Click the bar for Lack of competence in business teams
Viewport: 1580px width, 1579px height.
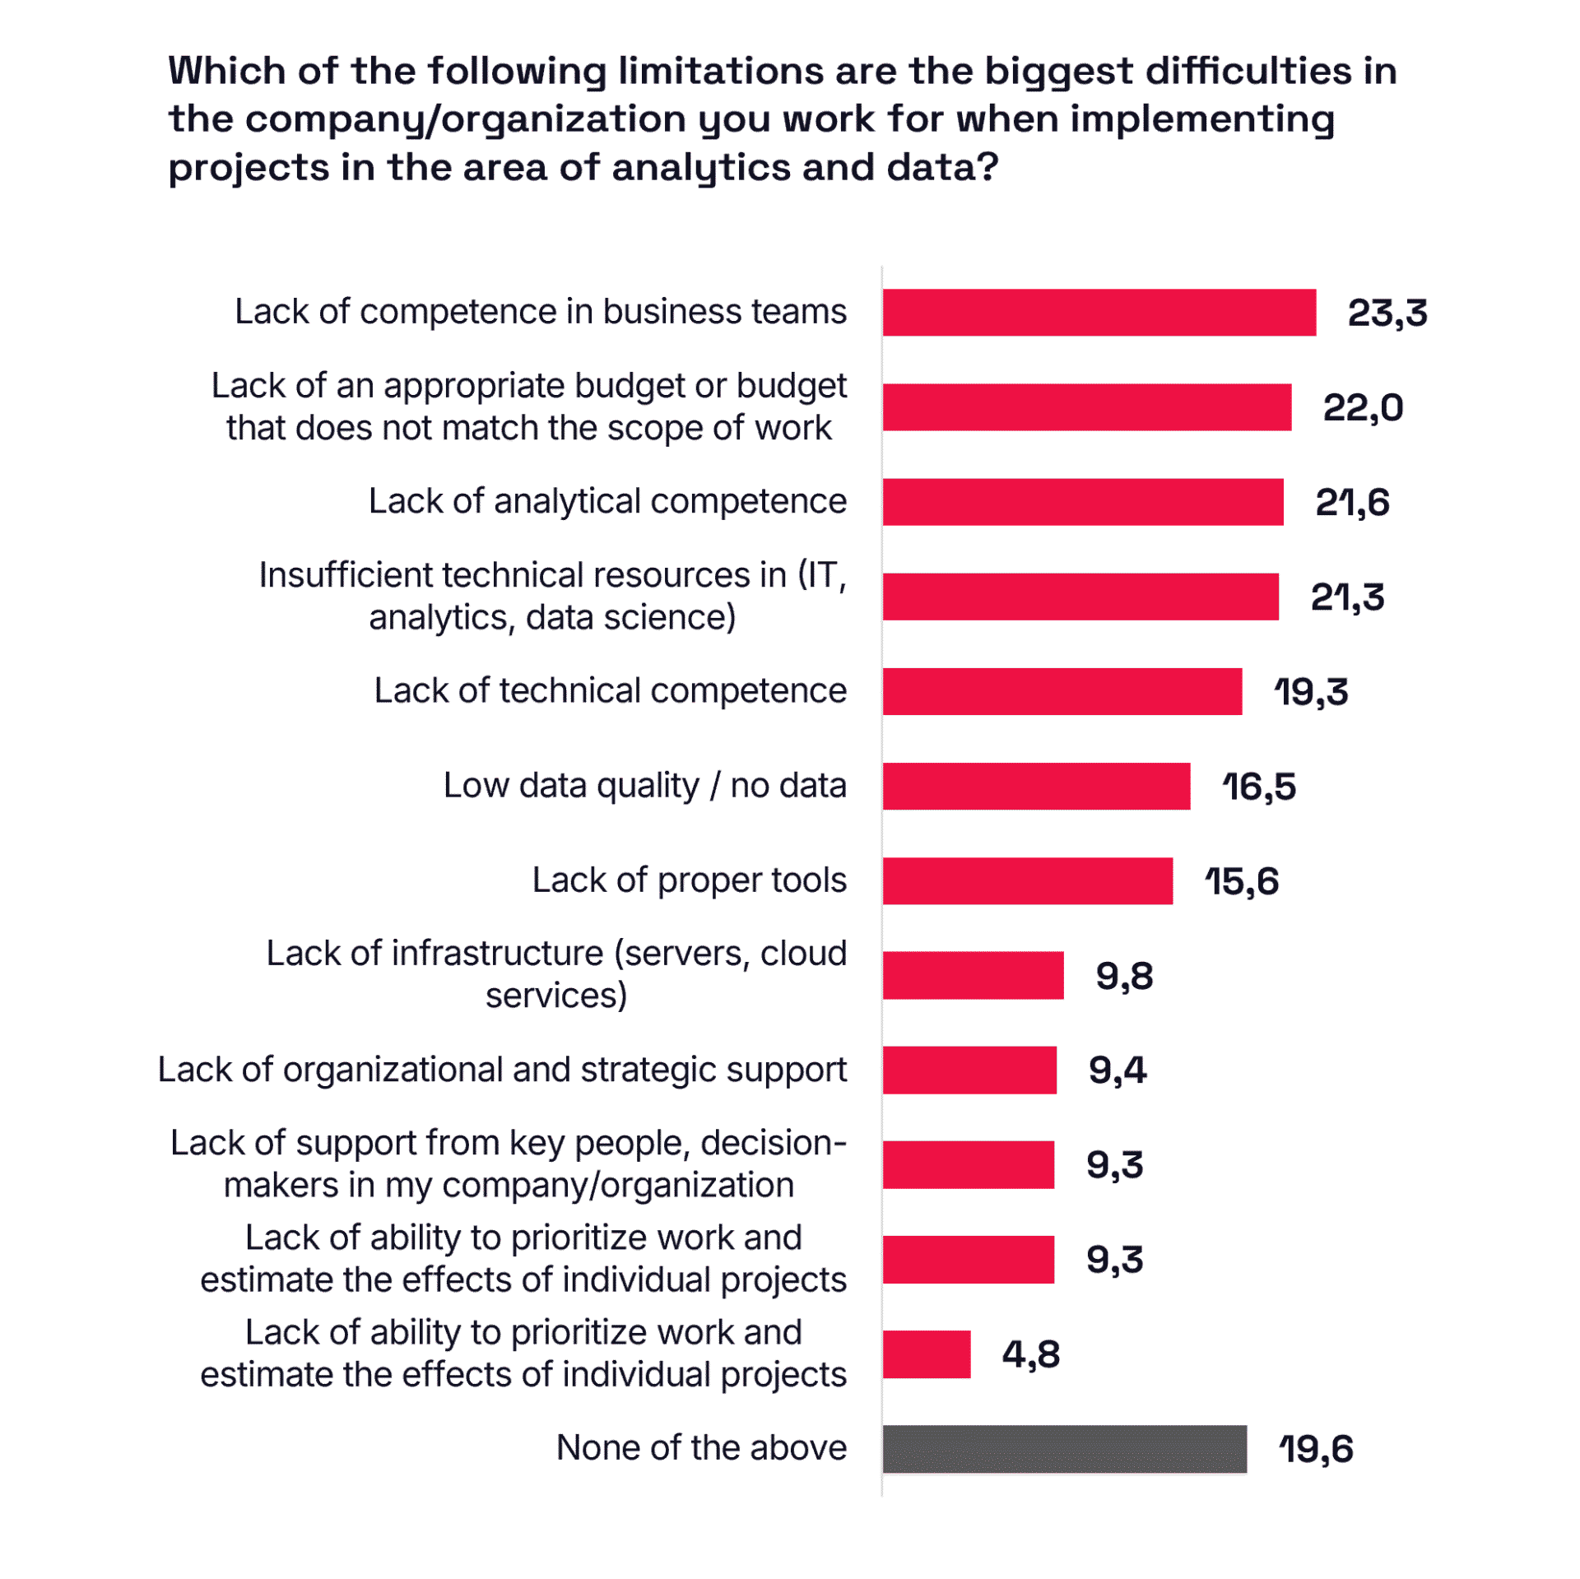tap(1099, 313)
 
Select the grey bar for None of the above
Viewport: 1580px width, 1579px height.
tap(1064, 1448)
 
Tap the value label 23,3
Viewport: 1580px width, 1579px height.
tap(1387, 313)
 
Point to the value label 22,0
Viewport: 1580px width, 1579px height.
tap(1363, 408)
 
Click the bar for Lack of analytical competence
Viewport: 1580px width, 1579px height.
tap(1082, 502)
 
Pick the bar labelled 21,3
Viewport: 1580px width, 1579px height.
tap(1080, 597)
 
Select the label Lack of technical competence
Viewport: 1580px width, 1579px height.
tap(610, 691)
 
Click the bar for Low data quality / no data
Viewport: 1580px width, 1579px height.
tap(1036, 786)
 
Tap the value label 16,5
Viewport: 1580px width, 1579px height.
tap(1258, 787)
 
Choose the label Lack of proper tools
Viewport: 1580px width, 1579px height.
tap(689, 880)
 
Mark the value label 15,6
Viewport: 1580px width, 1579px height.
tap(1241, 881)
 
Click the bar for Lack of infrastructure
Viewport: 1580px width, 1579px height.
tap(973, 975)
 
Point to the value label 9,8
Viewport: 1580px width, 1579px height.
tap(1124, 976)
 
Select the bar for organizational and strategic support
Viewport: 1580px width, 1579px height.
tap(969, 1070)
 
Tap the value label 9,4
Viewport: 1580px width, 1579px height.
tap(1117, 1070)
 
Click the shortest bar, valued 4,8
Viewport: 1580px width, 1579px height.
tap(927, 1354)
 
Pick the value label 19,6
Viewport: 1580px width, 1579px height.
tap(1315, 1449)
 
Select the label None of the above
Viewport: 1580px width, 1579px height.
tap(701, 1448)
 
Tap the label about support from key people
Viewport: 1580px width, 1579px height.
tap(509, 1164)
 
